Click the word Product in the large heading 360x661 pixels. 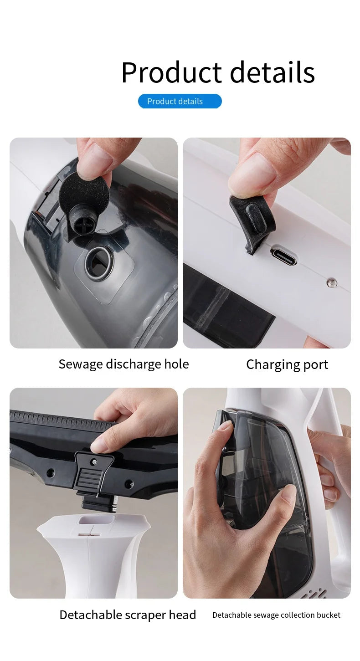click(171, 73)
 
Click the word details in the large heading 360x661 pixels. click(272, 73)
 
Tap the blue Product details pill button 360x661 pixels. click(180, 101)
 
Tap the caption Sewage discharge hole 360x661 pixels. click(123, 364)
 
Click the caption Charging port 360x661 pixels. click(287, 364)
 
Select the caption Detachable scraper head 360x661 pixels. click(128, 615)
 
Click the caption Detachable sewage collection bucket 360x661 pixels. click(276, 615)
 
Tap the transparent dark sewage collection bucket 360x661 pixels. click(269, 478)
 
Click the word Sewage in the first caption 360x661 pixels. click(81, 364)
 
